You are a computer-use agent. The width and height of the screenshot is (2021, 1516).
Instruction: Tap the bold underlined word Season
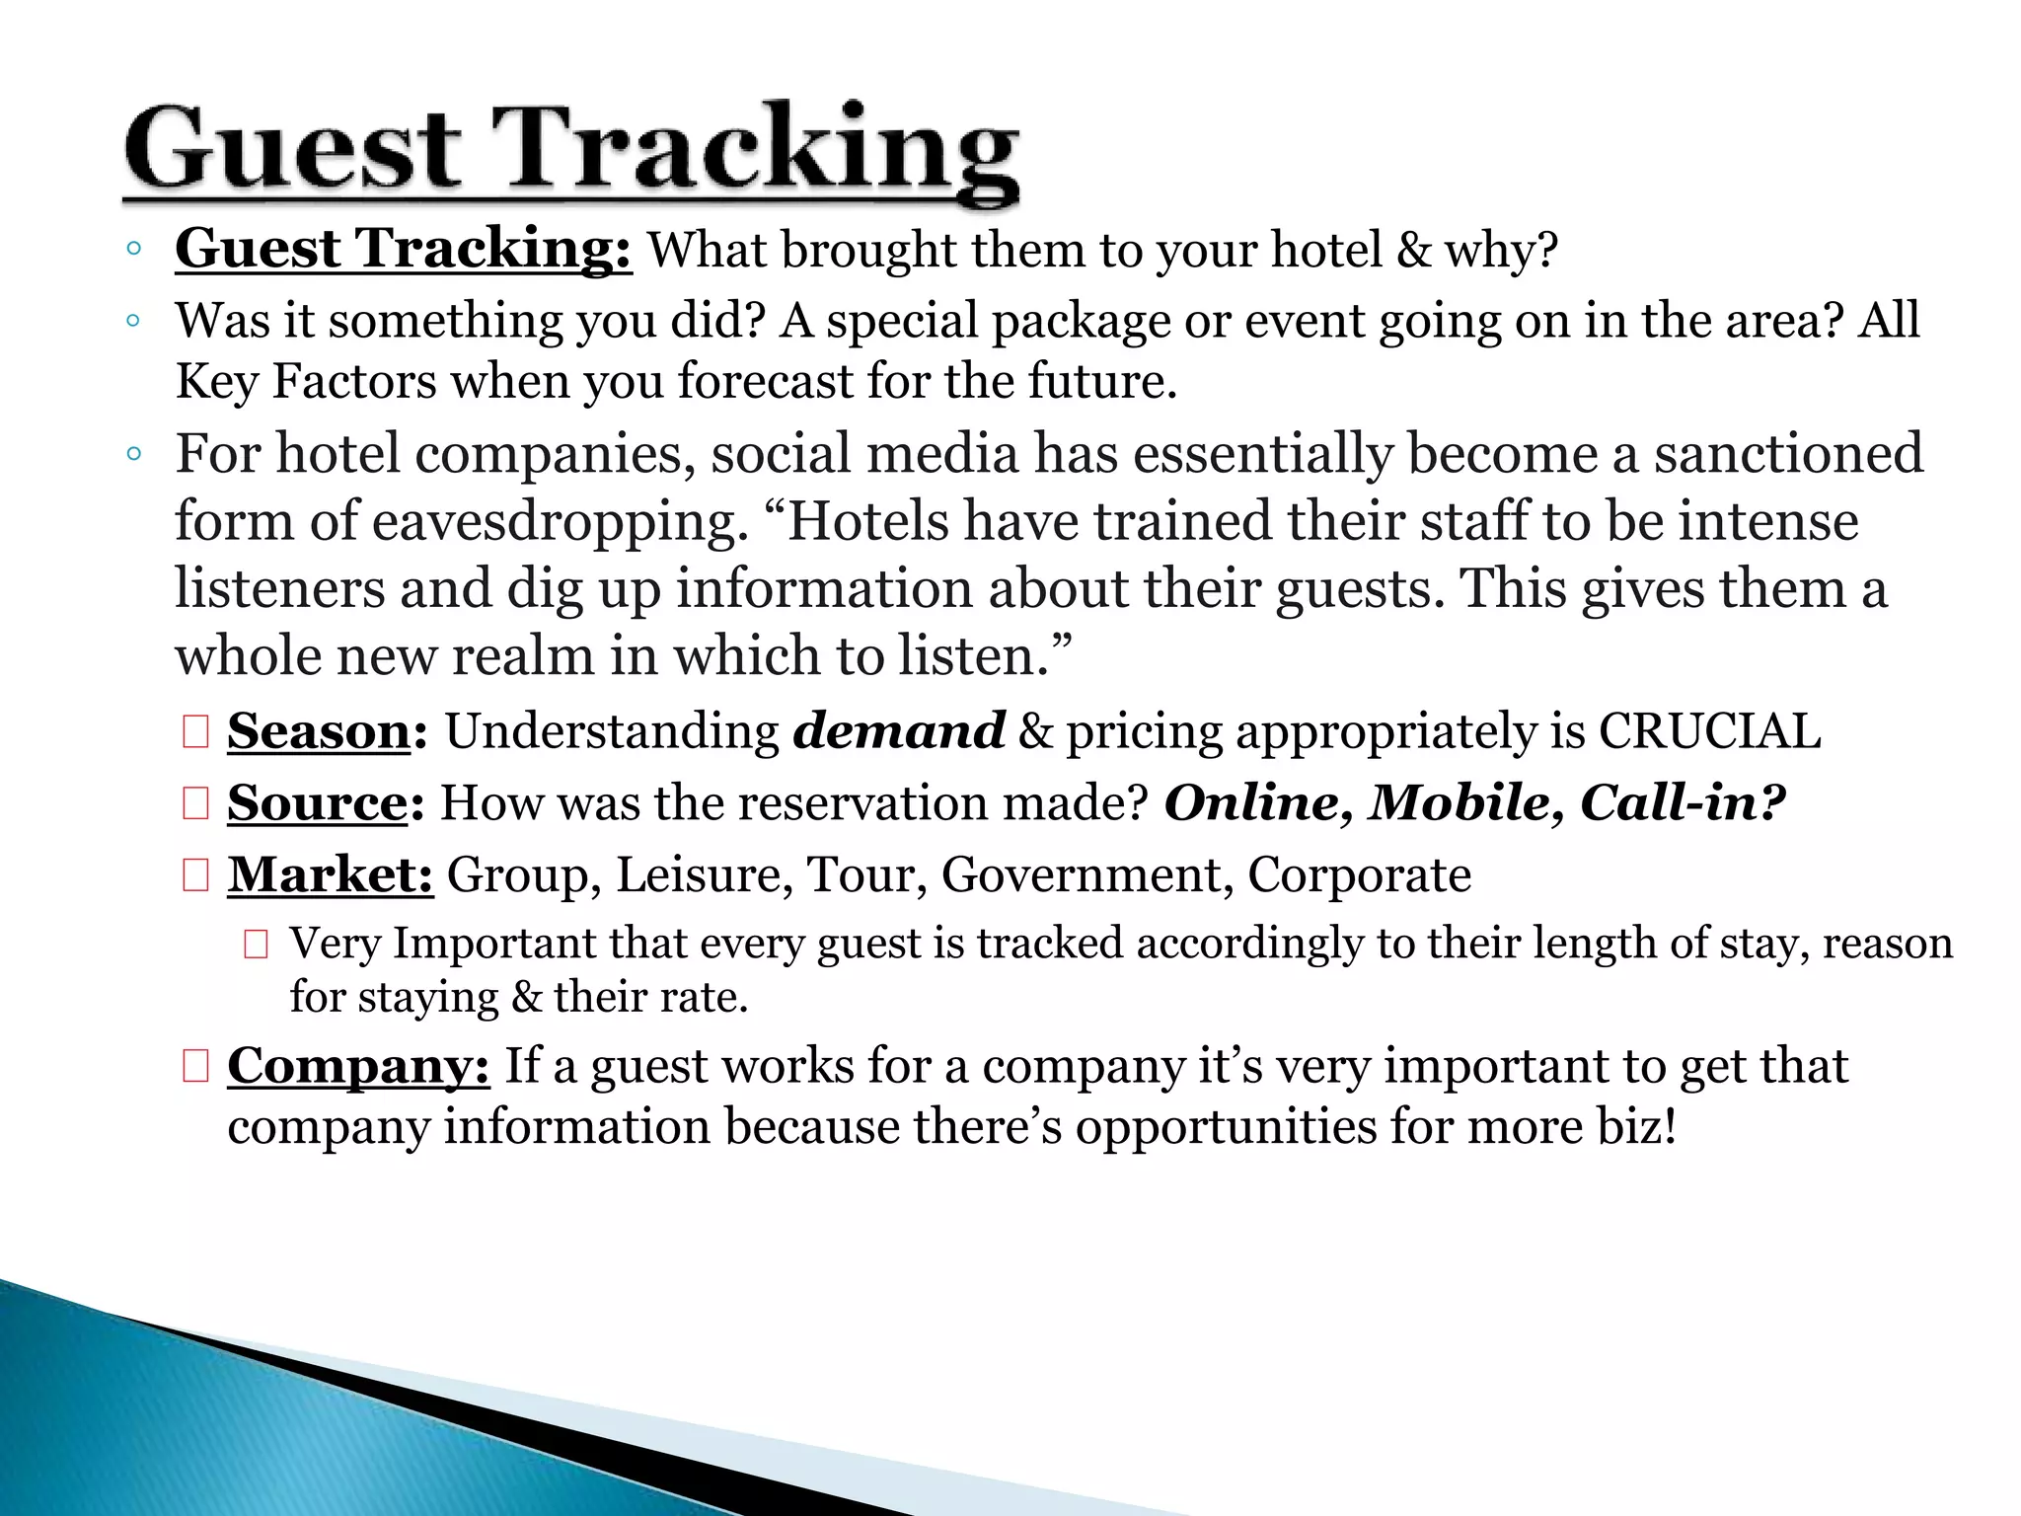[x=319, y=732]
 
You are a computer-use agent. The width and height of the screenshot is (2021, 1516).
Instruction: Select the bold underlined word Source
[x=317, y=803]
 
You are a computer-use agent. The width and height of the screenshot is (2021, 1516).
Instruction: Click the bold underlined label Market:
[x=331, y=875]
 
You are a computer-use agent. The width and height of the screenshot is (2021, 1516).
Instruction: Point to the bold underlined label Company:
[x=358, y=1067]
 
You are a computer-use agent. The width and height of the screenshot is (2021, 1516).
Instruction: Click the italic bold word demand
[x=899, y=732]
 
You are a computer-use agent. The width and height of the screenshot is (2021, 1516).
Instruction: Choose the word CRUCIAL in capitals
[x=1709, y=732]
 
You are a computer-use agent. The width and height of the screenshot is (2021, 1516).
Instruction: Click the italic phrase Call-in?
[x=1683, y=803]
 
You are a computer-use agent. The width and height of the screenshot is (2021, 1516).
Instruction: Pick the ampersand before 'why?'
[x=1414, y=251]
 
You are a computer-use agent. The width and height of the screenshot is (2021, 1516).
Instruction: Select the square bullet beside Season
[x=195, y=733]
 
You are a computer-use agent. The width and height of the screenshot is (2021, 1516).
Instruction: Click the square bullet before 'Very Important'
[x=257, y=946]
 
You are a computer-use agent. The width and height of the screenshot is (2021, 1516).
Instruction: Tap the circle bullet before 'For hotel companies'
[x=135, y=455]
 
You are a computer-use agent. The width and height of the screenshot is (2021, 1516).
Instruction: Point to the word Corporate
[x=1359, y=875]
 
